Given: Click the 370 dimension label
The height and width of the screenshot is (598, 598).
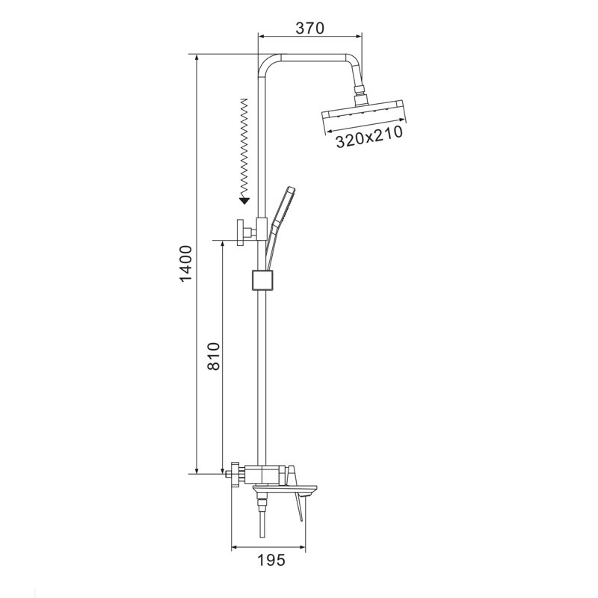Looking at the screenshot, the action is [x=310, y=28].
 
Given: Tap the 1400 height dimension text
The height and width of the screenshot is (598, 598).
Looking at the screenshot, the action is [x=185, y=264].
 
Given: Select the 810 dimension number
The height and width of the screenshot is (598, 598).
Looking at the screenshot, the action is [x=214, y=357].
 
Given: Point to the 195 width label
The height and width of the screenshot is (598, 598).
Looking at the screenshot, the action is [x=271, y=560].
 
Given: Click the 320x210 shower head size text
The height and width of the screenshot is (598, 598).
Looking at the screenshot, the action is [x=369, y=137].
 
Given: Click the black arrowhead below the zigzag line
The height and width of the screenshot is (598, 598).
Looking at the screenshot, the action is [x=244, y=200].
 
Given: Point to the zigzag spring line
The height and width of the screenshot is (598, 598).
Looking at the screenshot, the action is [x=244, y=148].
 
